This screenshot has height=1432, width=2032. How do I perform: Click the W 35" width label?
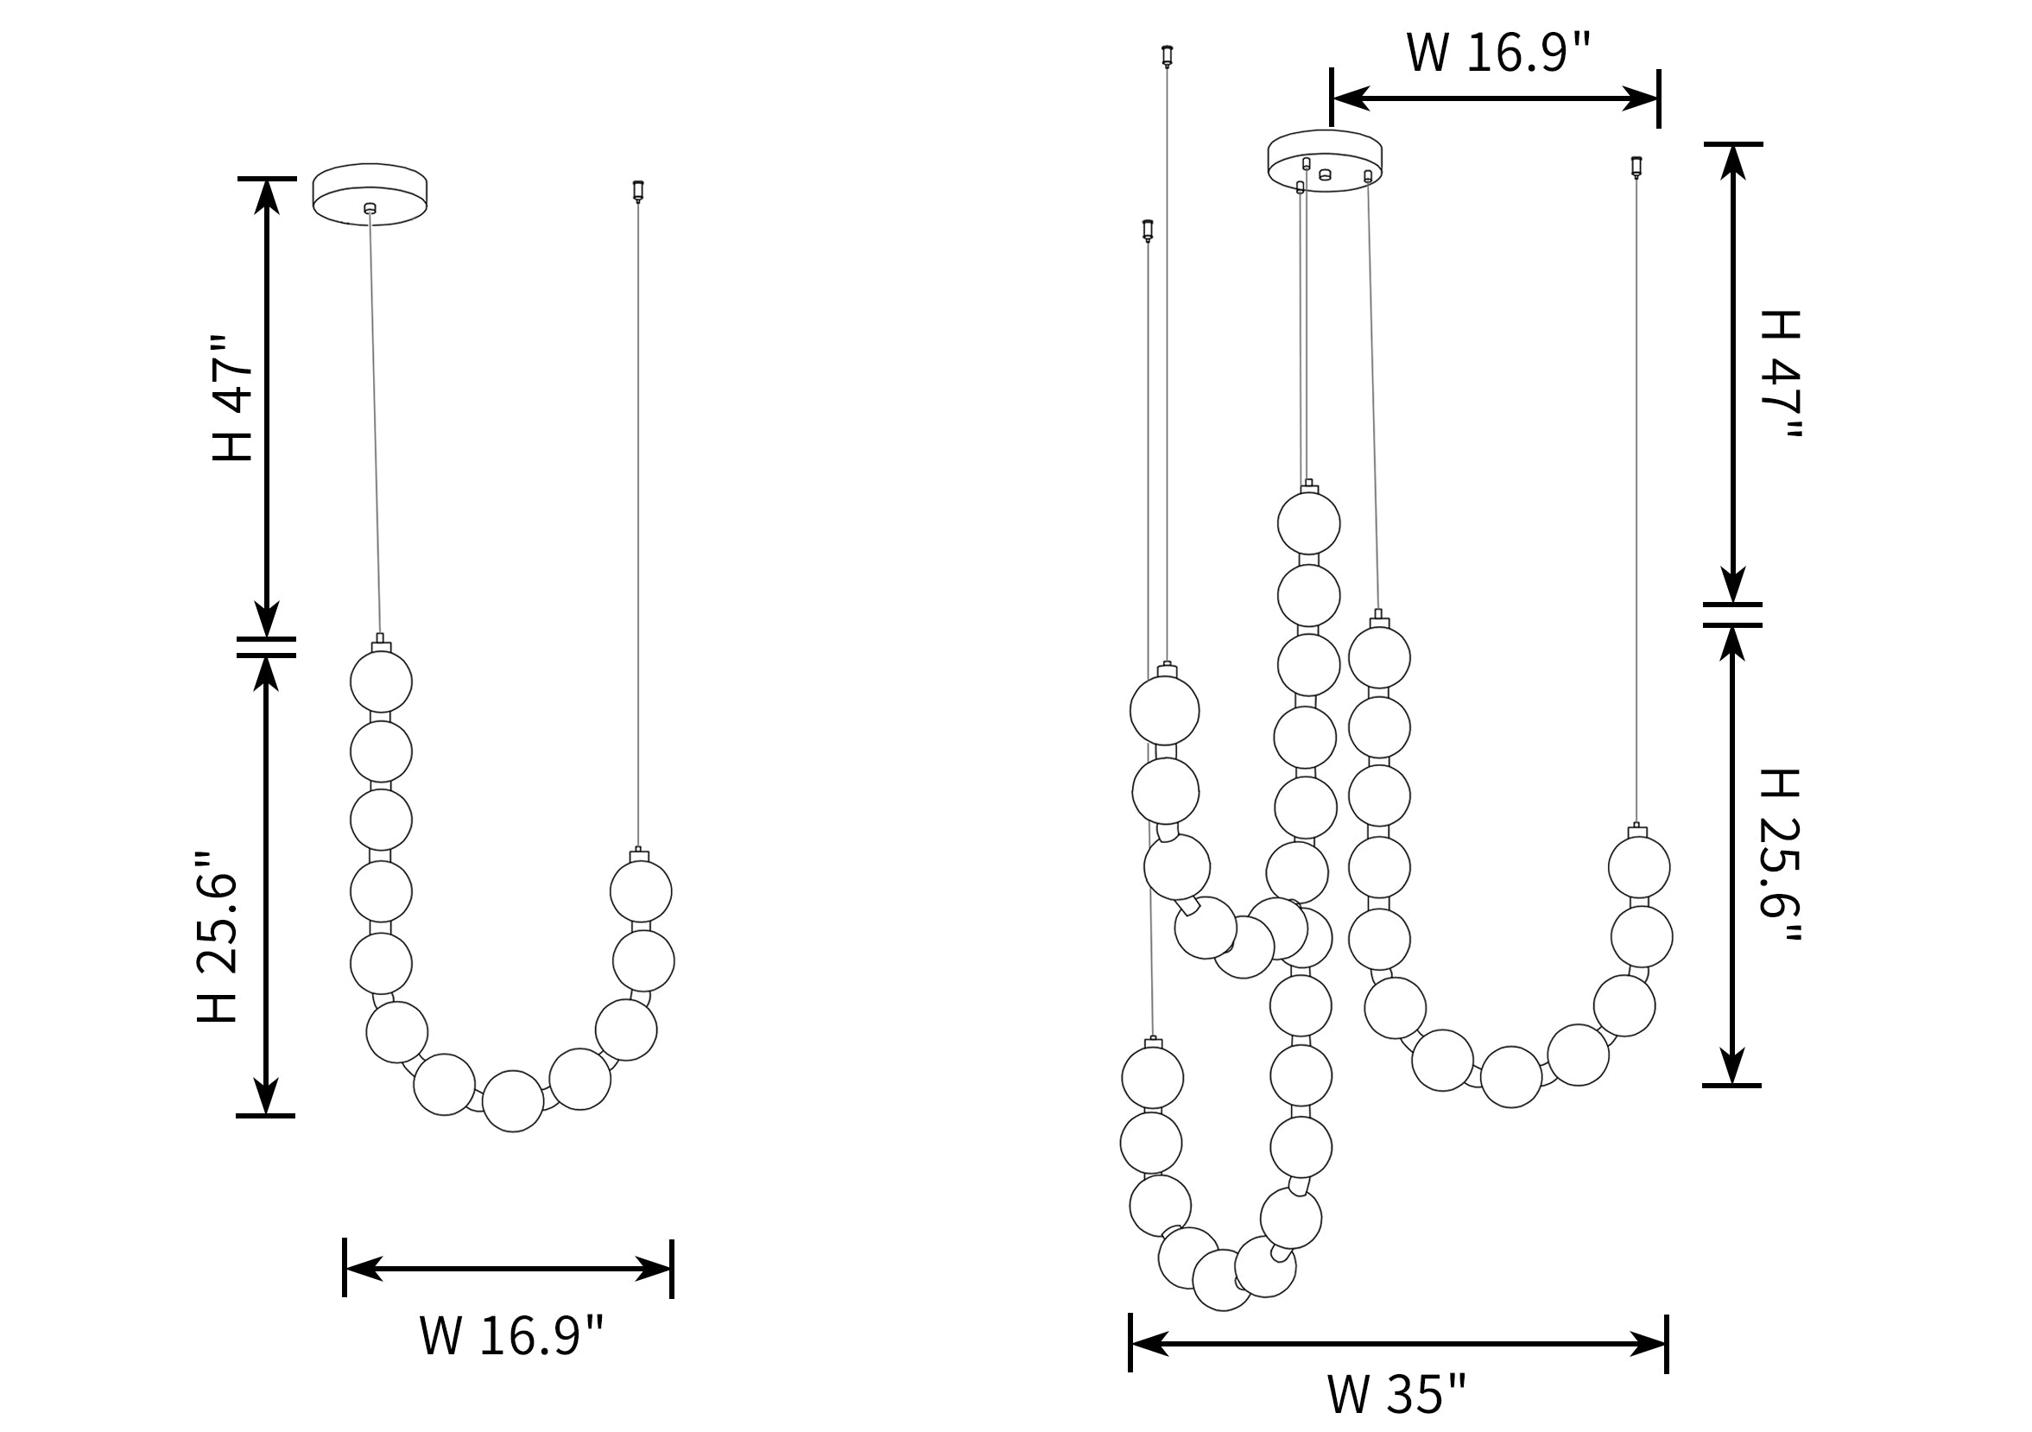coord(1396,1395)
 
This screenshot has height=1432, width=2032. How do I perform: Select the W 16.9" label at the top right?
coord(1498,52)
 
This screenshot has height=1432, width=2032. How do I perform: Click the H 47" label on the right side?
coord(1779,374)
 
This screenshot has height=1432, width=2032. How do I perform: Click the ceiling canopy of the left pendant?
coord(370,194)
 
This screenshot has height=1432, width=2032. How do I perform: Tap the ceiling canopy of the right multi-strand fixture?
coord(1325,160)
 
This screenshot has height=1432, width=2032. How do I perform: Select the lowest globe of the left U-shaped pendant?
coord(513,1101)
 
